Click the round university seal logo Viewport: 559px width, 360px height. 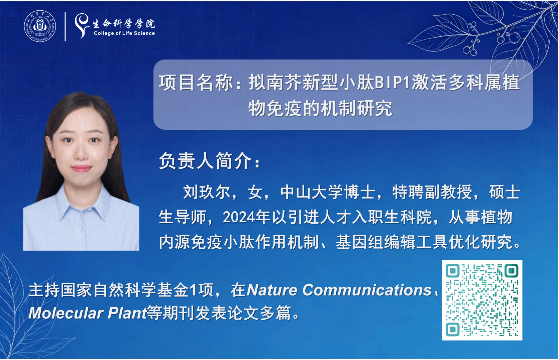click(40, 26)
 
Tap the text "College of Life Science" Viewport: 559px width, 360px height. click(124, 33)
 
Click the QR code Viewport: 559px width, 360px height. click(482, 300)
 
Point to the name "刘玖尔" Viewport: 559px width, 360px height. click(207, 192)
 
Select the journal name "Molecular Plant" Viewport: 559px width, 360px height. click(88, 313)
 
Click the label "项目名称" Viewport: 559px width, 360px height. click(196, 83)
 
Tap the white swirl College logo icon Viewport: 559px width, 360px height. click(82, 25)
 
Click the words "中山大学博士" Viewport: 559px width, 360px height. click(328, 192)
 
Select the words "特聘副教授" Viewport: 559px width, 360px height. click(432, 192)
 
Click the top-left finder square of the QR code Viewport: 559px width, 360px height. click(453, 271)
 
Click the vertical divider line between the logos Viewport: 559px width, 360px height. click(65, 27)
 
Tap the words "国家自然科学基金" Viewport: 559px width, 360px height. click(124, 290)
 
